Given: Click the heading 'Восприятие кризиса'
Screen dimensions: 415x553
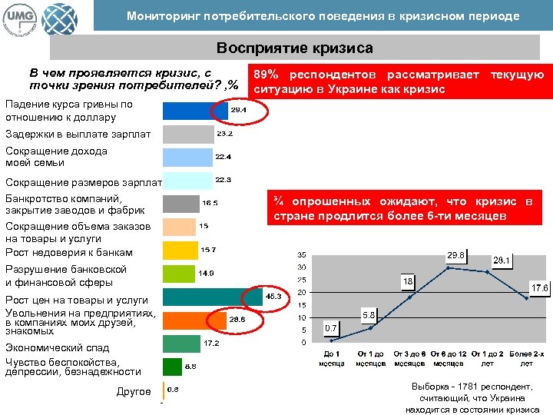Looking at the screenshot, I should click(x=294, y=48).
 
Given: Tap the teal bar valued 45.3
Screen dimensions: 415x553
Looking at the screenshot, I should click(x=212, y=296).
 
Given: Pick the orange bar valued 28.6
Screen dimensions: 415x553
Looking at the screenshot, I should click(x=194, y=320).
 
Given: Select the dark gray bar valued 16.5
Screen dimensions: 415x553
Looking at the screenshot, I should click(x=181, y=204).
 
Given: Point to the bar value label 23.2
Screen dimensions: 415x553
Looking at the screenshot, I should click(x=225, y=134).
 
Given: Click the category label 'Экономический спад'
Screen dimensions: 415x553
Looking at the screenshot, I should click(x=54, y=347).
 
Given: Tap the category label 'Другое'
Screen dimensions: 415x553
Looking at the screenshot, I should click(x=134, y=392).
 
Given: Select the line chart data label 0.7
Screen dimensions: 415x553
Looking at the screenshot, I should click(x=331, y=328).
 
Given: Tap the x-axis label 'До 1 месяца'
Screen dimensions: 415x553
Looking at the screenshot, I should click(x=331, y=358).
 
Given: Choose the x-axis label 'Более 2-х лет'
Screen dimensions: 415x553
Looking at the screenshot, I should click(x=526, y=358).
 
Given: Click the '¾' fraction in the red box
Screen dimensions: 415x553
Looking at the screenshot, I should click(x=278, y=201).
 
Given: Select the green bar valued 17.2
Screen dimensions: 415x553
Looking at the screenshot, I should click(x=182, y=343).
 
